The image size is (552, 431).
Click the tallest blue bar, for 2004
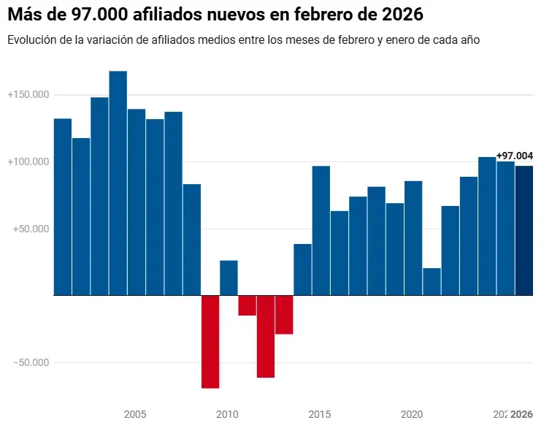coord(118,183)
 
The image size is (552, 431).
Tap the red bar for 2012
coord(266,336)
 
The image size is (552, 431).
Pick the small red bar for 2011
coord(248,305)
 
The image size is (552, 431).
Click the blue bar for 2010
coord(229,278)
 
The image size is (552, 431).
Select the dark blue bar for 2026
coord(524,230)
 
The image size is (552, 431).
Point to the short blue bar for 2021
coord(432,281)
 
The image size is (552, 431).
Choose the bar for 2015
coord(321,230)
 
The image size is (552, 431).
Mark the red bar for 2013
coord(284,315)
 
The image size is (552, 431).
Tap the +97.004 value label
coord(514,156)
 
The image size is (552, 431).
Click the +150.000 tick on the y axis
coord(28,95)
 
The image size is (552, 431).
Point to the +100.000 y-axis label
coord(28,161)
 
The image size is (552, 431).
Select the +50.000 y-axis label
coord(30,229)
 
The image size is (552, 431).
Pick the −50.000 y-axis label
coord(30,362)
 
